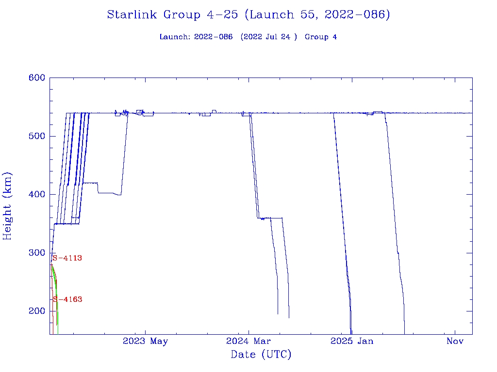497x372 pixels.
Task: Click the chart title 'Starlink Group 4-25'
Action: (172, 15)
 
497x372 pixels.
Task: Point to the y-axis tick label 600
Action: (37, 78)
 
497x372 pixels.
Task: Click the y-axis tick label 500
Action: (37, 136)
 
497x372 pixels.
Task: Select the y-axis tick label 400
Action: (37, 195)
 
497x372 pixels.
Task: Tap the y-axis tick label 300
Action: (37, 253)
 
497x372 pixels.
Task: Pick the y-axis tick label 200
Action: (37, 311)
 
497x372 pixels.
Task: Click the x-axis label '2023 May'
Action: (145, 341)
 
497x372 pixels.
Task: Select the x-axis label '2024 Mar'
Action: (248, 341)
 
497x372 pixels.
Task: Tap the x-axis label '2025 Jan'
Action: (352, 341)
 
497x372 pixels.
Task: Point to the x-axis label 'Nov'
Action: (455, 341)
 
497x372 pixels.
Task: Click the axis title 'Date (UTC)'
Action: (261, 355)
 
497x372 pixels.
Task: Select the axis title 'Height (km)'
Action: (8, 206)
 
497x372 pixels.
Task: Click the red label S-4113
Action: (67, 258)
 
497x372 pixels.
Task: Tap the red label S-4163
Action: (67, 300)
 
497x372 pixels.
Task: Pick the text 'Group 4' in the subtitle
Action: (321, 37)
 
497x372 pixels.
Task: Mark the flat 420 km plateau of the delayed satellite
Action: (90, 183)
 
